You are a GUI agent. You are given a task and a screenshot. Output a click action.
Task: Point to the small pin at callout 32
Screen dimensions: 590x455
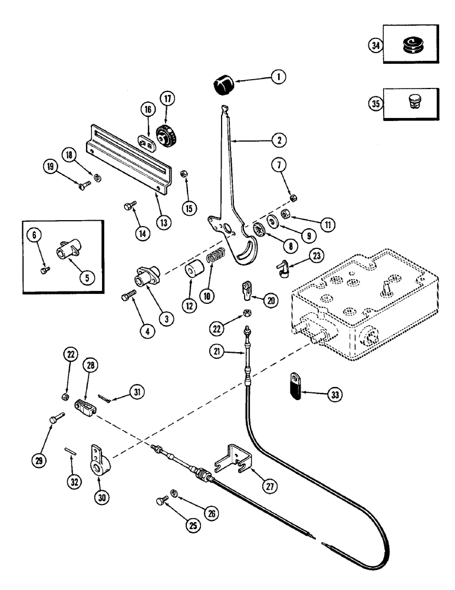point(68,452)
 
